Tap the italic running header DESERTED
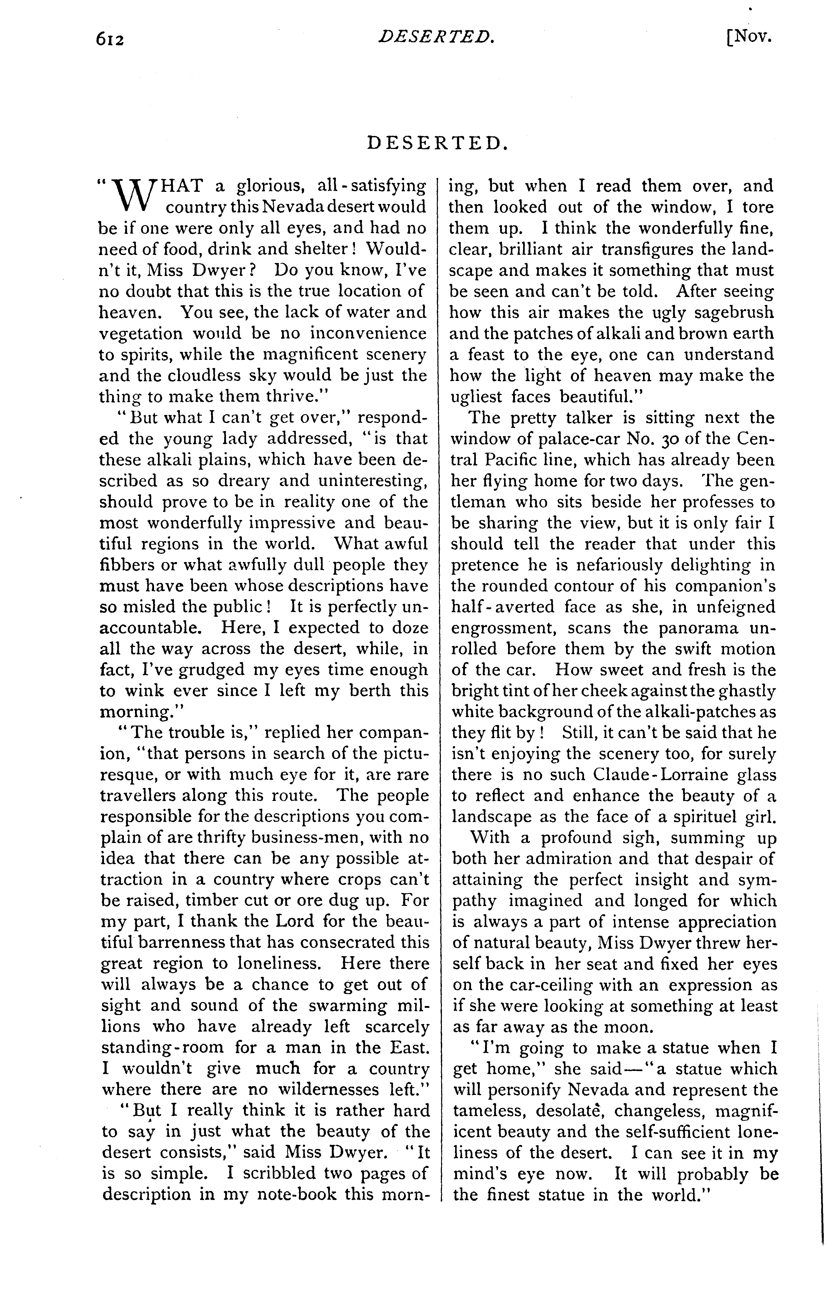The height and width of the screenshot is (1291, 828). point(436,37)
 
